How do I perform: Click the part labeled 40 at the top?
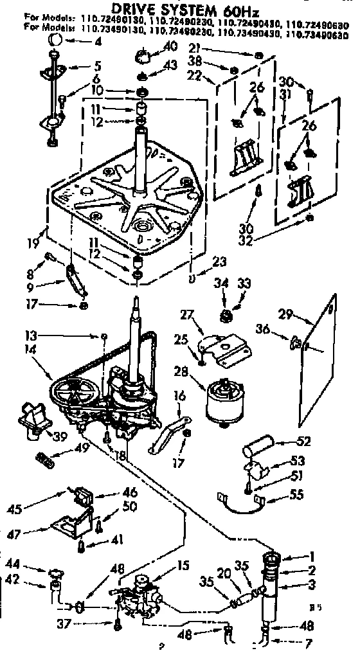click(144, 60)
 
